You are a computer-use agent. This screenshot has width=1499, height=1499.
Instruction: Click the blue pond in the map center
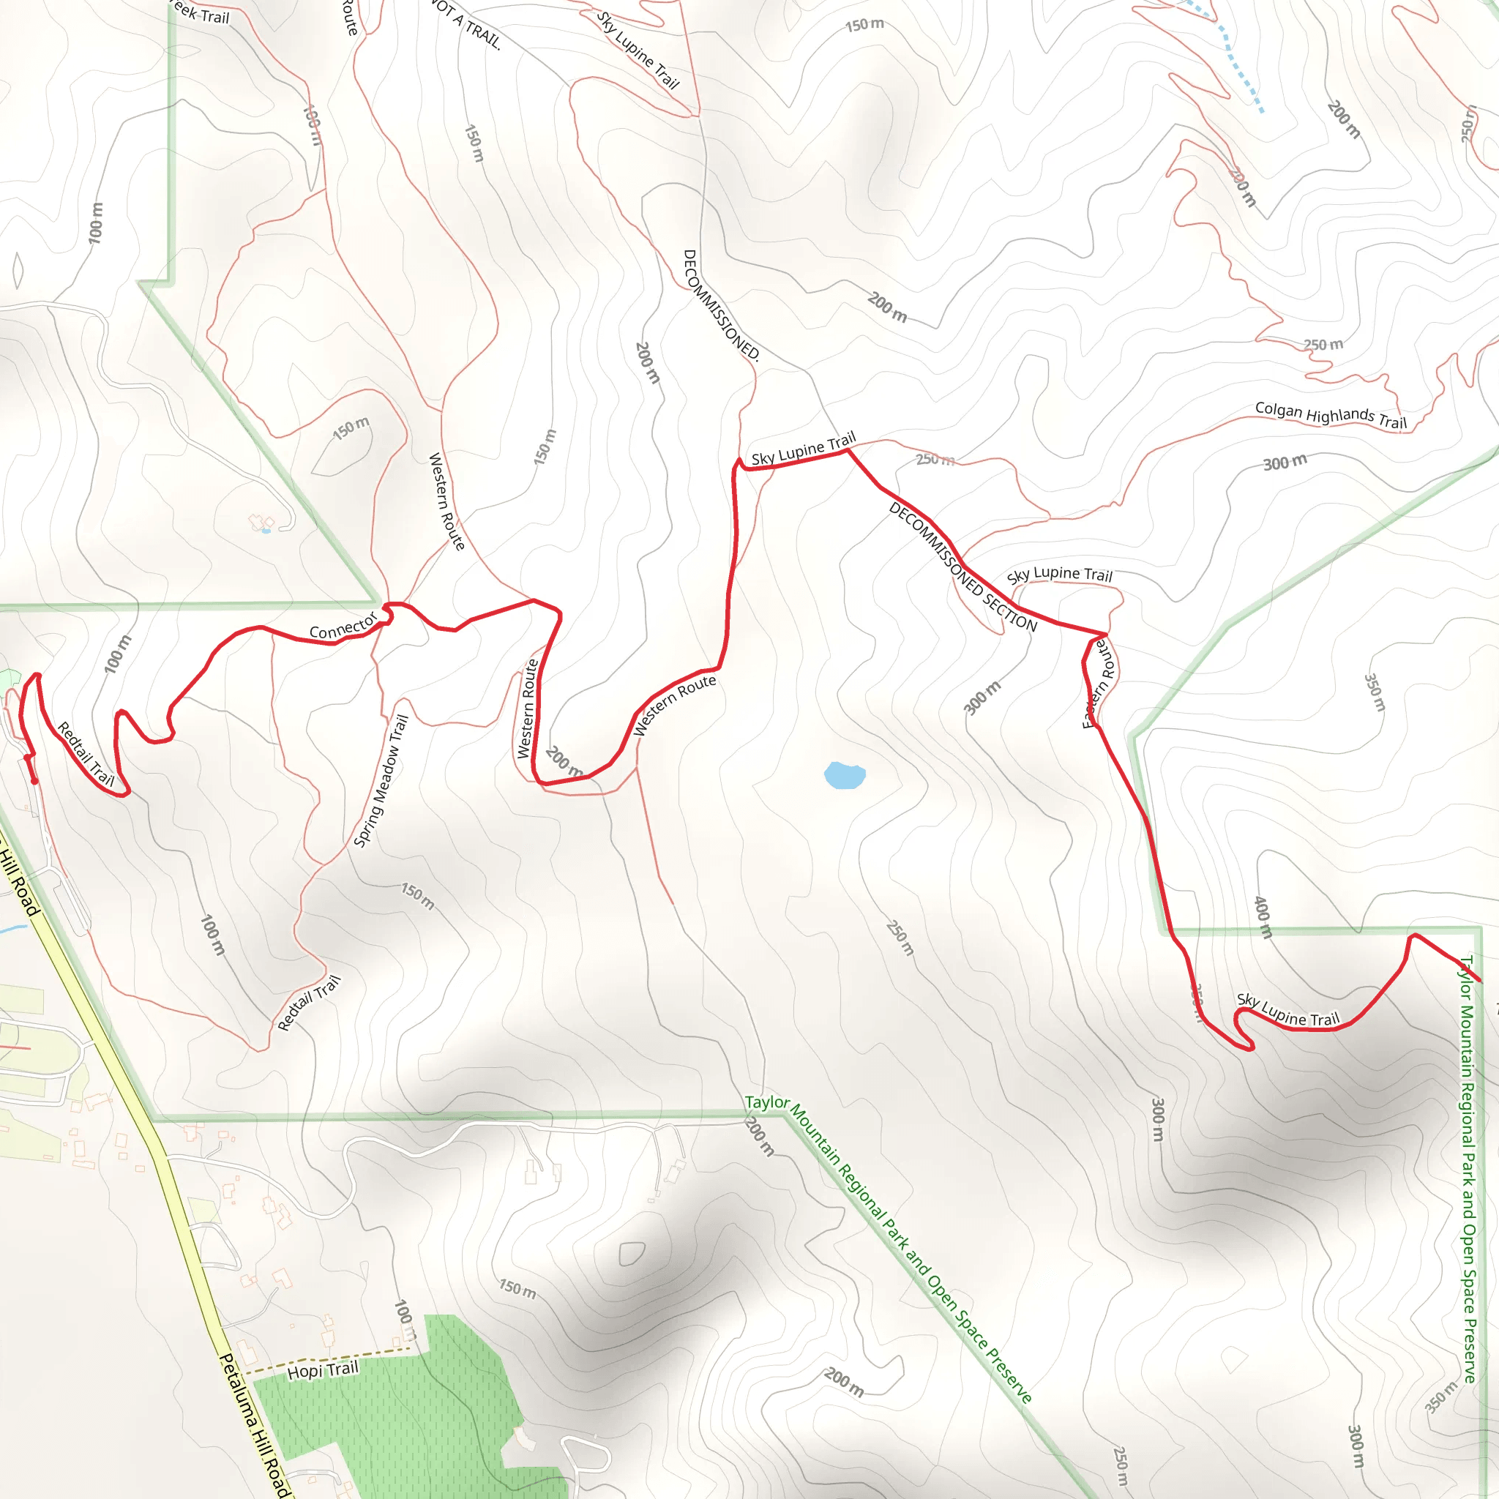844,775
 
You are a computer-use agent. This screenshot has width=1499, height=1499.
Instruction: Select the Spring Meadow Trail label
380,780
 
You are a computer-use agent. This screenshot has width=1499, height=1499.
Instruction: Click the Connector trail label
343,625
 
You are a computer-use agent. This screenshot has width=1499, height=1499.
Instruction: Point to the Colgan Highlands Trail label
1331,415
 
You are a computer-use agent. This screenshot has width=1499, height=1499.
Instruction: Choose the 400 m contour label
1263,917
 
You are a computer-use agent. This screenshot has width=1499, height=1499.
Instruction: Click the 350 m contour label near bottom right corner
1442,1397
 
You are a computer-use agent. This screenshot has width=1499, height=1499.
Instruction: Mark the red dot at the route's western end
34,780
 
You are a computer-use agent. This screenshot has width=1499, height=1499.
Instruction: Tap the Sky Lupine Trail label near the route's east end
1288,1009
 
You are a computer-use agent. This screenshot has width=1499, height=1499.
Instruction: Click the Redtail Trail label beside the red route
86,754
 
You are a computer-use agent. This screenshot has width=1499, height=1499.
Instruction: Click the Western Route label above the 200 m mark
528,709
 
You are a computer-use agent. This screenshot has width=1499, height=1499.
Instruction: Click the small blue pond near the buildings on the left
266,531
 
